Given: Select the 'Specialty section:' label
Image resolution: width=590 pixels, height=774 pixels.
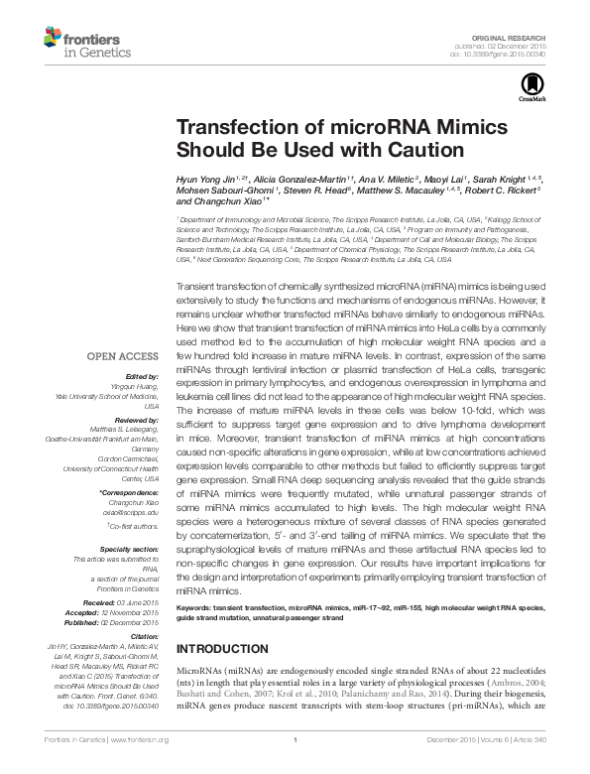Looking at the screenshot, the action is [x=129, y=548].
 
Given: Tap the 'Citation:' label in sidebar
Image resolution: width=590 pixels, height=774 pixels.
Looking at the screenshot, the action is [x=143, y=635].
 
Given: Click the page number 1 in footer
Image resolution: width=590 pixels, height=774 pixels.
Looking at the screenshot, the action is [x=295, y=767].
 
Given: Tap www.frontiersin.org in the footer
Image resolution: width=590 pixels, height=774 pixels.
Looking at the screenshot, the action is [x=140, y=767].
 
